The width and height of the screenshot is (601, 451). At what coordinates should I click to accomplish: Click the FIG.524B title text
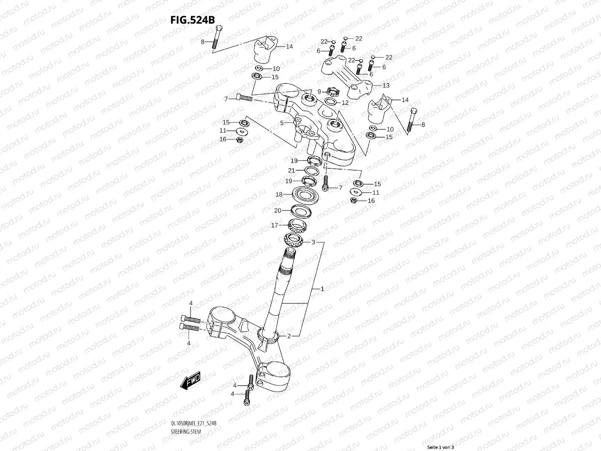192,20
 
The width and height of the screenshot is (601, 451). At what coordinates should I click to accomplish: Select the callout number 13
386,86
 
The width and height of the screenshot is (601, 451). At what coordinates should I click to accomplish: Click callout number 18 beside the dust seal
279,194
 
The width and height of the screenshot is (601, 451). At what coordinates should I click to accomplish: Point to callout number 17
275,225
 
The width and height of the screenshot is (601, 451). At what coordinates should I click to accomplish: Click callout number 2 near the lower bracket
289,336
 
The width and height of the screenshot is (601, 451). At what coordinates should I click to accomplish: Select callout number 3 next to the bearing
313,242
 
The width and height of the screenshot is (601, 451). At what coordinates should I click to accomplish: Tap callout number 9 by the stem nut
319,91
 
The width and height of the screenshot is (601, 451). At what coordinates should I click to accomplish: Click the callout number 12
345,103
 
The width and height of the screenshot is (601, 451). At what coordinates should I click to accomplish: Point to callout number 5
282,123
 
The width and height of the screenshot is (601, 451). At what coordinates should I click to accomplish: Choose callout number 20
278,210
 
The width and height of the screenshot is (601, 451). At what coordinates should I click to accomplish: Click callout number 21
291,171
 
